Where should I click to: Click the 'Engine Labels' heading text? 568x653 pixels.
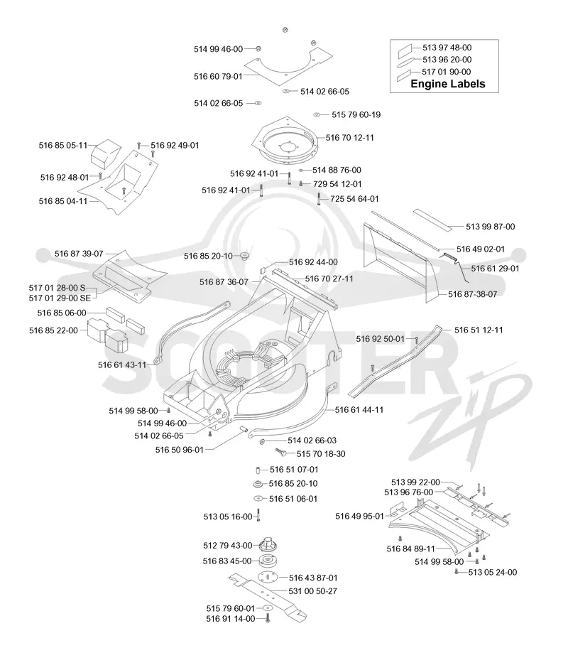[x=448, y=84]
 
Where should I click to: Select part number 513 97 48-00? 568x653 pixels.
[x=447, y=48]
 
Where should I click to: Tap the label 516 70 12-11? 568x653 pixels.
[x=349, y=137]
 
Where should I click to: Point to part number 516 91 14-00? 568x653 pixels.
[x=231, y=619]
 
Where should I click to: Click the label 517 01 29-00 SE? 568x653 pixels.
[x=60, y=298]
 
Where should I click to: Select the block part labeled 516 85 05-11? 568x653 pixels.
[x=106, y=153]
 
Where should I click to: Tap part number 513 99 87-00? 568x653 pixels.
[x=490, y=227]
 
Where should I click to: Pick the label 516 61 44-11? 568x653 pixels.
[x=359, y=410]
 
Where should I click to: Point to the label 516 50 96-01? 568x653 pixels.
[x=180, y=450]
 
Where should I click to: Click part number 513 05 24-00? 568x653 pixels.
[x=493, y=572]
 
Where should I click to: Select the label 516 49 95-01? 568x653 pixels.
[x=359, y=517]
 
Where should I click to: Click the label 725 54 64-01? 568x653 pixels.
[x=354, y=199]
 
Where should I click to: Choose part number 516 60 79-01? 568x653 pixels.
[x=218, y=77]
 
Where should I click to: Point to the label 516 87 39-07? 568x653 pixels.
[x=79, y=254]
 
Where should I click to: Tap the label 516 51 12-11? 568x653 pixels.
[x=479, y=330]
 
